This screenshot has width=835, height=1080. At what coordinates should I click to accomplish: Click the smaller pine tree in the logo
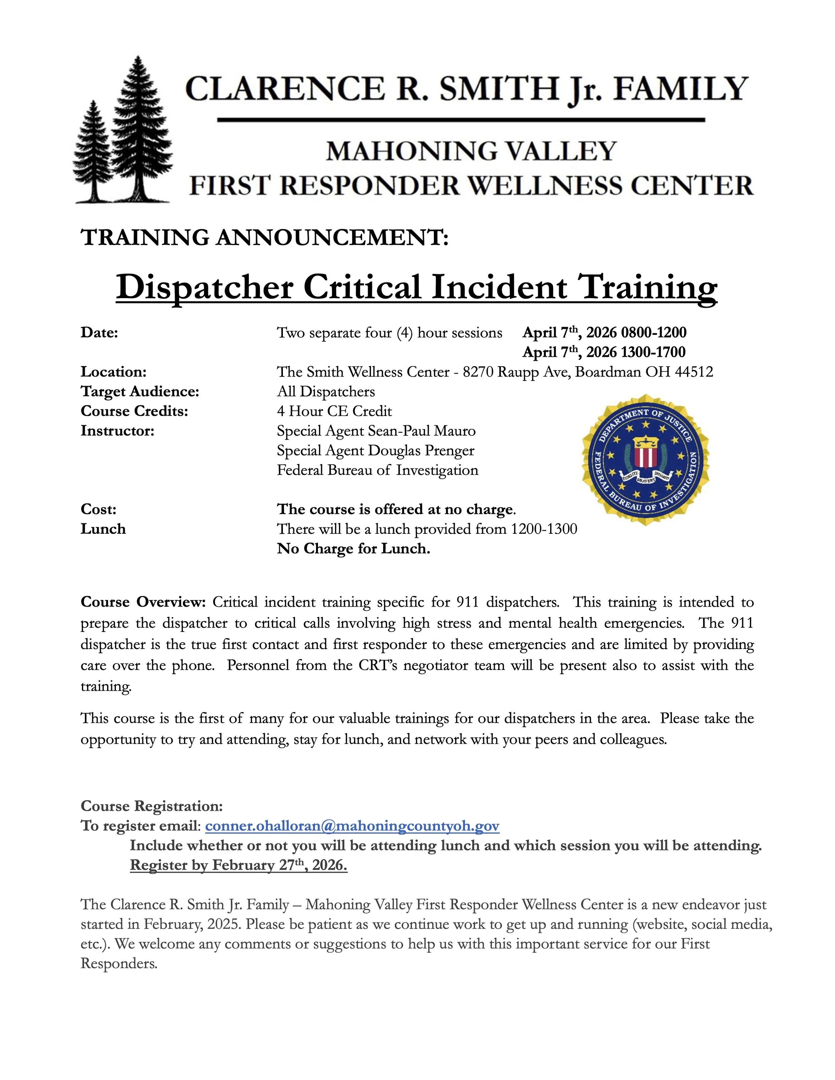92,153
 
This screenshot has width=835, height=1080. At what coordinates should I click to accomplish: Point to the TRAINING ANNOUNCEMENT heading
265,238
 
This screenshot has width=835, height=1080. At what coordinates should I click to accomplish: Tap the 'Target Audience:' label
140,391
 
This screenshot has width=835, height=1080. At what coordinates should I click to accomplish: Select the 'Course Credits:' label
135,411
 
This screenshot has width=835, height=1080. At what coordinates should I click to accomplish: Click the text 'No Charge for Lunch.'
354,549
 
